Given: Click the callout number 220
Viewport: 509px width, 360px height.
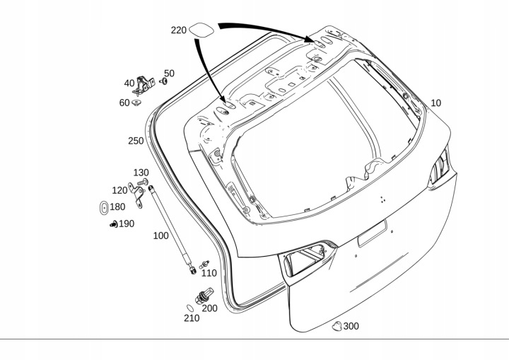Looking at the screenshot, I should click(x=178, y=30).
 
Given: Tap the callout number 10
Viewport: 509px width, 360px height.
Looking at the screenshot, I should click(x=435, y=103).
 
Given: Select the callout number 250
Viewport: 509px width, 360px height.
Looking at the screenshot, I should click(x=136, y=141).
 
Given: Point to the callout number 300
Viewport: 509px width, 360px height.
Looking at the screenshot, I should click(x=351, y=326).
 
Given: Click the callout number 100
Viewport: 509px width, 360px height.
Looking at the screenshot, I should click(x=160, y=236).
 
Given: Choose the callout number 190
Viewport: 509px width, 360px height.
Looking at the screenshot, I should click(x=126, y=224).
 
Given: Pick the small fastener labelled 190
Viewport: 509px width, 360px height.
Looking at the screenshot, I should click(x=112, y=225).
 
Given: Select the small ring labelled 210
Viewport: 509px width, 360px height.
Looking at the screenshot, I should click(x=190, y=307).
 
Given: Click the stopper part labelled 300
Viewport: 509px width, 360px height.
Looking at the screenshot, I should click(x=337, y=325).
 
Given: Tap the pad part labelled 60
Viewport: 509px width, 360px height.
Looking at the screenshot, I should click(x=136, y=103).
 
